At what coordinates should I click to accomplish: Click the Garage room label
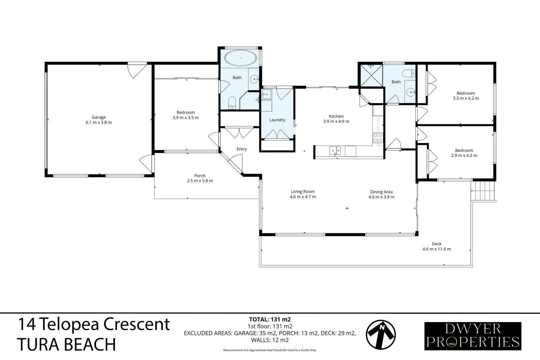pyautogui.click(x=99, y=117)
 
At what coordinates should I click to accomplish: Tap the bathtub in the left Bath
pyautogui.click(x=241, y=58)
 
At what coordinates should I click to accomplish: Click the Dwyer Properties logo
pyautogui.click(x=473, y=336)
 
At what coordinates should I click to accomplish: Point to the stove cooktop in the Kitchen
pyautogui.click(x=378, y=138)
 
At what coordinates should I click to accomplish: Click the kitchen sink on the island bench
pyautogui.click(x=335, y=151)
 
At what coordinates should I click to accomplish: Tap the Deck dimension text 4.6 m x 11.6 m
pyautogui.click(x=436, y=249)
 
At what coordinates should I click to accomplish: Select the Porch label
pyautogui.click(x=200, y=176)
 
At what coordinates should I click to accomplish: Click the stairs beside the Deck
pyautogui.click(x=483, y=191)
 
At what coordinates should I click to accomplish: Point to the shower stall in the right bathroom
pyautogui.click(x=370, y=75)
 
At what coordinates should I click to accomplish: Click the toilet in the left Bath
pyautogui.click(x=232, y=103)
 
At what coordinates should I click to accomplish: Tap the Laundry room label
pyautogui.click(x=277, y=120)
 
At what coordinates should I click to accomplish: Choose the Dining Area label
pyautogui.click(x=381, y=192)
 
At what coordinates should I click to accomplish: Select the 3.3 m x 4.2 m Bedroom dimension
pyautogui.click(x=465, y=98)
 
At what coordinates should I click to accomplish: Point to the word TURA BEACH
pyautogui.click(x=66, y=344)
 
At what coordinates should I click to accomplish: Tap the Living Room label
pyautogui.click(x=303, y=191)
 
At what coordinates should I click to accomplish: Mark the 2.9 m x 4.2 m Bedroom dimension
pyautogui.click(x=464, y=155)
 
